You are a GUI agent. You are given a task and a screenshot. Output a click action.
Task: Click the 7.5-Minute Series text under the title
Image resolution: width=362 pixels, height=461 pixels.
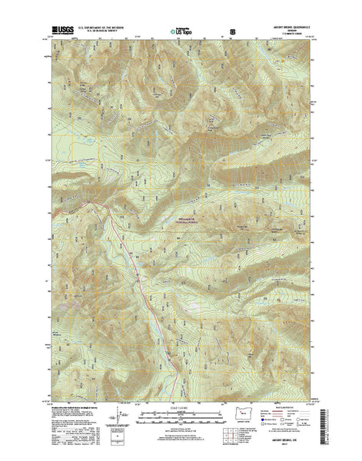pyautogui.click(x=284, y=32)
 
